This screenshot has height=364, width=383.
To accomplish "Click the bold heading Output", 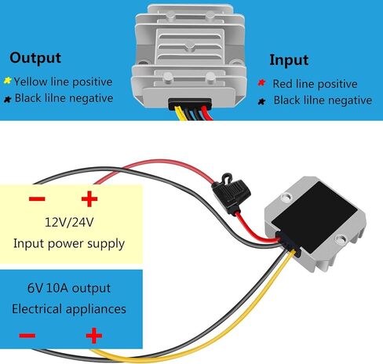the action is (x=35, y=58).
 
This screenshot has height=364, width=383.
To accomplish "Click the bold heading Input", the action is (x=289, y=60).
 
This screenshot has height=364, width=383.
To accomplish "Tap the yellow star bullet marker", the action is (x=7, y=81).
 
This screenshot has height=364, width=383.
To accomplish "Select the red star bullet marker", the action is (x=261, y=82).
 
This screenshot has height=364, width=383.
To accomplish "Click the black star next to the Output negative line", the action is (x=8, y=99).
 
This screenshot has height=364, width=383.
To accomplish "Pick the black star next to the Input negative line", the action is (x=261, y=101).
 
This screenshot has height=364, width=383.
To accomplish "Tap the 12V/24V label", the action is (x=69, y=223).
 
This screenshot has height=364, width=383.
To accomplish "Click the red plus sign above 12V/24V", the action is (x=89, y=198).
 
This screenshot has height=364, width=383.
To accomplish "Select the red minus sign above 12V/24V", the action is (x=37, y=199).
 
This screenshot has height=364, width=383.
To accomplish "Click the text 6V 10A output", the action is (x=69, y=288).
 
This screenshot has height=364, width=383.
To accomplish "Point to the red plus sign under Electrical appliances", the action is (x=94, y=336).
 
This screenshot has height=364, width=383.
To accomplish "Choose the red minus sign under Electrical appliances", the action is (x=27, y=335).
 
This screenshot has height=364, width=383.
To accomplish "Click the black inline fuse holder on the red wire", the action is (x=231, y=193).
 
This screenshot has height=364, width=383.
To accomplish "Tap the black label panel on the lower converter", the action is (x=315, y=217).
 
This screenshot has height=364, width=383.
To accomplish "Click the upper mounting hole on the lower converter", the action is (x=286, y=197).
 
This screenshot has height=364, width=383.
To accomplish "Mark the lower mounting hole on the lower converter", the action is (x=341, y=239).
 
